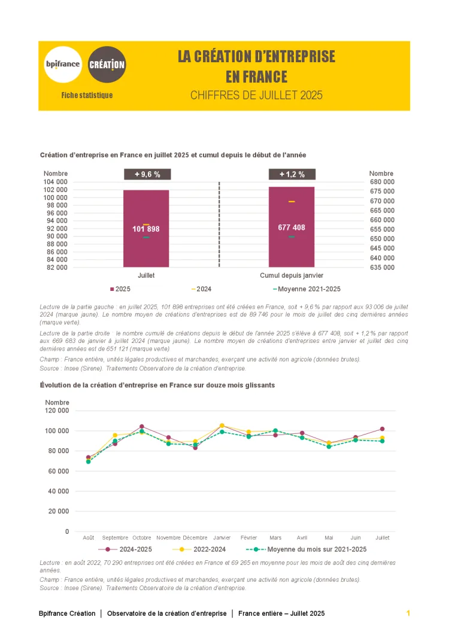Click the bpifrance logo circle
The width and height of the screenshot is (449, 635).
[63, 64]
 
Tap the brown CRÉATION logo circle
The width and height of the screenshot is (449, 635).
[107, 64]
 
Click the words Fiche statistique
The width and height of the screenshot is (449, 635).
[87, 95]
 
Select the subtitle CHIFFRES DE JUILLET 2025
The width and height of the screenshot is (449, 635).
[256, 95]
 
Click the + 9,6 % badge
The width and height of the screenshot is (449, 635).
[147, 174]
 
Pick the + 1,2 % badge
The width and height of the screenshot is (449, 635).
[292, 174]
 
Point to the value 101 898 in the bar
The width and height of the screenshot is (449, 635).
[146, 229]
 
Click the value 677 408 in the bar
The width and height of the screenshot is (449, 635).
[292, 227]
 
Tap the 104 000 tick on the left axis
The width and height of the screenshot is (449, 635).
[56, 182]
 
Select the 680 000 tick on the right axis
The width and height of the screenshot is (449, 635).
[383, 182]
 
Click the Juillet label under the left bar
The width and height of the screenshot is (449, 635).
[146, 275]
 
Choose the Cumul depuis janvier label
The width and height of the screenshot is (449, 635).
[292, 275]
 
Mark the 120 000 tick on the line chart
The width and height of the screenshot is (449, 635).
[57, 411]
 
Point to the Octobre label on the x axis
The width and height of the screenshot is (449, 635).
[142, 537]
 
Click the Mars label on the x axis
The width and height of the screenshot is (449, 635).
[275, 537]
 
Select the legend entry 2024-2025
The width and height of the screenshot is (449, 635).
[135, 549]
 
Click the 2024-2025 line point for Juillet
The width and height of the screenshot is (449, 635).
[382, 429]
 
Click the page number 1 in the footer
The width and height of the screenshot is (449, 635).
[408, 613]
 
